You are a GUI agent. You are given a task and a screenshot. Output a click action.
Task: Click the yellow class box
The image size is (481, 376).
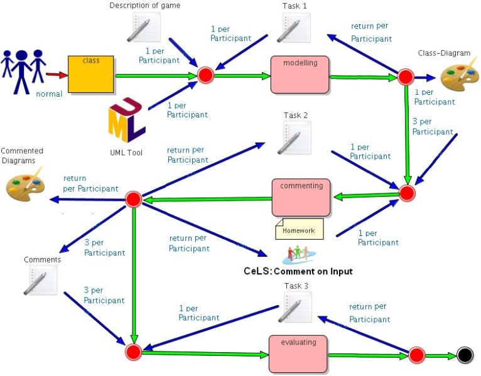[x=91, y=75]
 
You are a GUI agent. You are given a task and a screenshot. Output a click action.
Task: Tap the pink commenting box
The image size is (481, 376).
[x=301, y=197]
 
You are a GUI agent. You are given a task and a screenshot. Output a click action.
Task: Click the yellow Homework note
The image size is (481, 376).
[x=299, y=229]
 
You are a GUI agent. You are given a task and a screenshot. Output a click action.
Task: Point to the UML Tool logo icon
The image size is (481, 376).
[x=126, y=121]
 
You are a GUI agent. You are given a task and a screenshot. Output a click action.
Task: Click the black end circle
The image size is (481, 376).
[x=465, y=355]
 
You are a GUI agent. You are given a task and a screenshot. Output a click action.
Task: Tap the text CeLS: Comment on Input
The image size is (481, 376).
[x=298, y=271]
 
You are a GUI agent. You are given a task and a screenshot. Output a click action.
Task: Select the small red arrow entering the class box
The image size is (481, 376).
[x=57, y=75]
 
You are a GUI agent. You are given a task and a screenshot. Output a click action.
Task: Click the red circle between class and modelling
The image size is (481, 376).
[x=206, y=75]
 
